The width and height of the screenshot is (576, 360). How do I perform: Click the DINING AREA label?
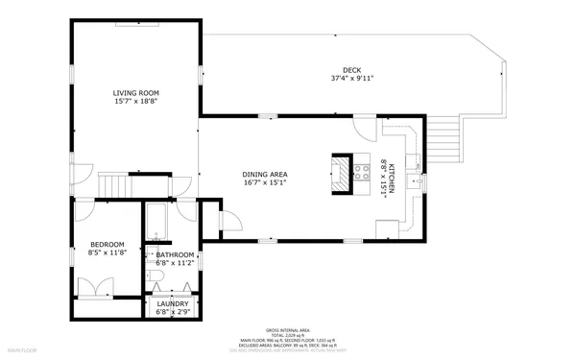pos(265,174)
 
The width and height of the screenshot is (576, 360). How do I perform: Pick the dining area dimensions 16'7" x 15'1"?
pos(265,182)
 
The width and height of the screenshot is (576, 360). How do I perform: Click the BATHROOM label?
pos(169,254)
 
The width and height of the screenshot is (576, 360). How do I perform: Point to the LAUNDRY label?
pos(167,304)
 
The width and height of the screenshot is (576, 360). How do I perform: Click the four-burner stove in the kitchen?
pos(364,173)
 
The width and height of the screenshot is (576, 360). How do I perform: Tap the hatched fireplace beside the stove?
pos(342,173)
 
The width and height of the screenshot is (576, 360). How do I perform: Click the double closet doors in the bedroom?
pos(93,287)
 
